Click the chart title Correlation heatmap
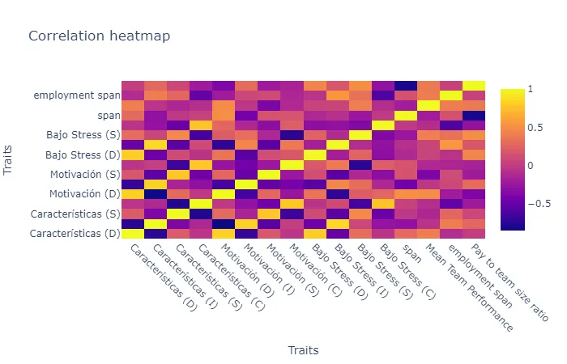(x=99, y=36)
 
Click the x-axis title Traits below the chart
(x=303, y=350)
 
